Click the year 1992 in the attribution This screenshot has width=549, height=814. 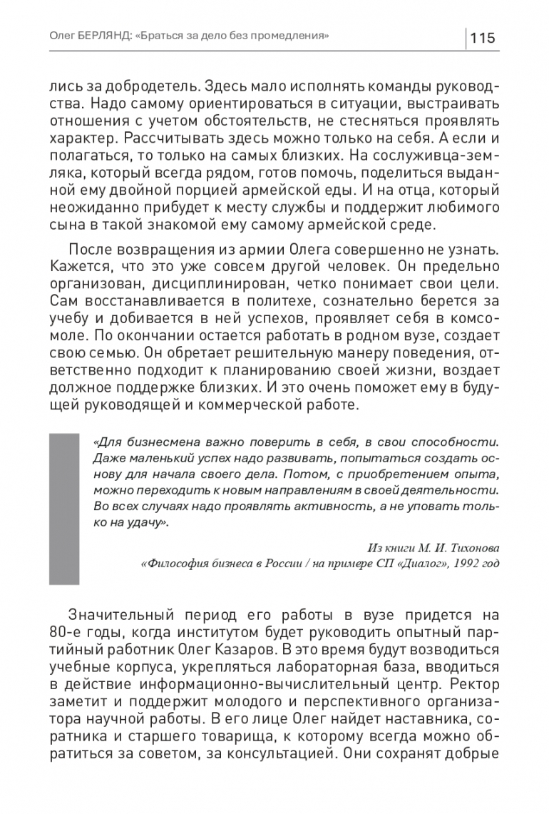click(x=466, y=564)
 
